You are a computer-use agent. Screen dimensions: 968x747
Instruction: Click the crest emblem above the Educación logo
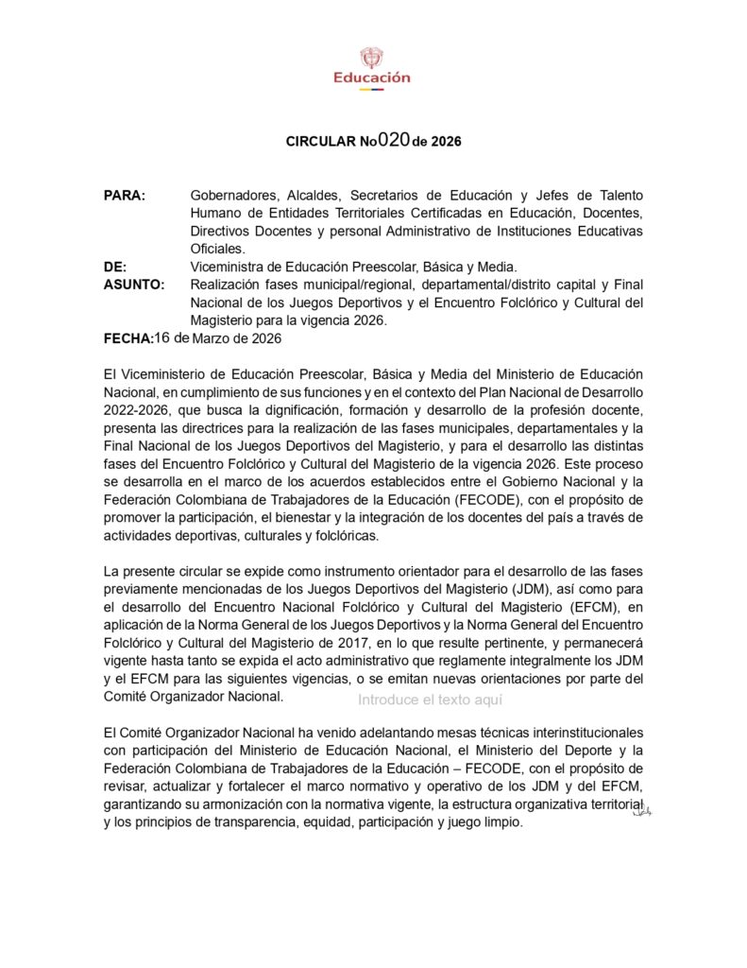click(372, 58)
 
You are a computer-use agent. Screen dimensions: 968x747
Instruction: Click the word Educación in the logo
click(372, 78)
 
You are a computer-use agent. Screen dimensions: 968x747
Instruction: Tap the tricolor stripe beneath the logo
click(372, 90)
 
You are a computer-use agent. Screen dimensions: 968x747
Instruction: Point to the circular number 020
click(393, 140)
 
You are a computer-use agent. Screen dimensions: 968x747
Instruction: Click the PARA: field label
click(125, 196)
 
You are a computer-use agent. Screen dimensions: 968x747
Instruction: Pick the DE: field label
click(115, 268)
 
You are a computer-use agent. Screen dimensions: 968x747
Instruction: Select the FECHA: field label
click(127, 338)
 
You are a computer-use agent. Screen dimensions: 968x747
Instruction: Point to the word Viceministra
click(229, 268)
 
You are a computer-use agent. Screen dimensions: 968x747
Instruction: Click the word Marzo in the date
click(213, 338)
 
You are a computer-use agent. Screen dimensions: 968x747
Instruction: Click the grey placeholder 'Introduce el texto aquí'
click(430, 700)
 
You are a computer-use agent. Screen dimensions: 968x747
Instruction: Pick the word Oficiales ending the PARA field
click(217, 250)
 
